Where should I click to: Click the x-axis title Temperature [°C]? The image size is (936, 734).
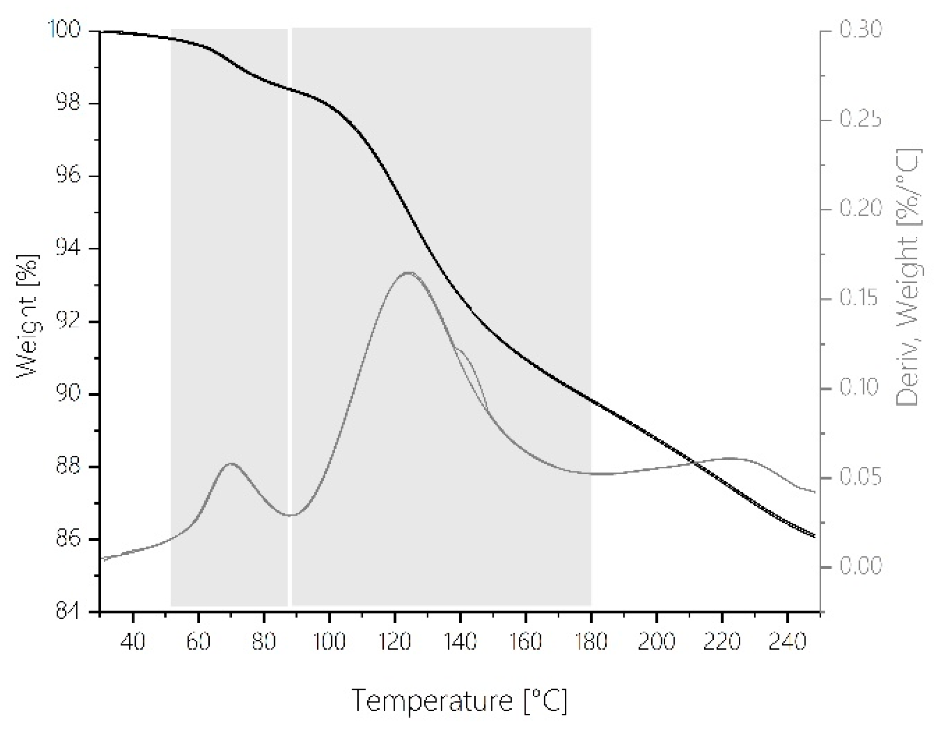tap(459, 701)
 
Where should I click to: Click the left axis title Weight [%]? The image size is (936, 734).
tap(28, 316)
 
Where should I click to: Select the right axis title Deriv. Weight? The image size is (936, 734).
tap(908, 277)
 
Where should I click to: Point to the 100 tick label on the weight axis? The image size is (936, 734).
tap(64, 30)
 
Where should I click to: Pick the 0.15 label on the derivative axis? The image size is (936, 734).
tap(859, 299)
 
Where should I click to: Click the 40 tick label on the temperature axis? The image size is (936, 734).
tap(133, 641)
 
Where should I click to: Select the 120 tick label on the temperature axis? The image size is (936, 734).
tap(395, 641)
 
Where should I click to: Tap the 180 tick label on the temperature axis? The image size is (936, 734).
tap(591, 641)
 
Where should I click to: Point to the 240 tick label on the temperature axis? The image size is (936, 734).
tap(787, 641)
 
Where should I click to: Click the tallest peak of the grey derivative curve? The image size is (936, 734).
tap(409, 272)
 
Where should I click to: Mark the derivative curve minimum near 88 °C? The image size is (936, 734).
tap(291, 515)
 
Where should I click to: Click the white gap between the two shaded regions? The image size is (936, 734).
tap(290, 315)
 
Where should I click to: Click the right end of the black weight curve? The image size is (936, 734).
tap(814, 536)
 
